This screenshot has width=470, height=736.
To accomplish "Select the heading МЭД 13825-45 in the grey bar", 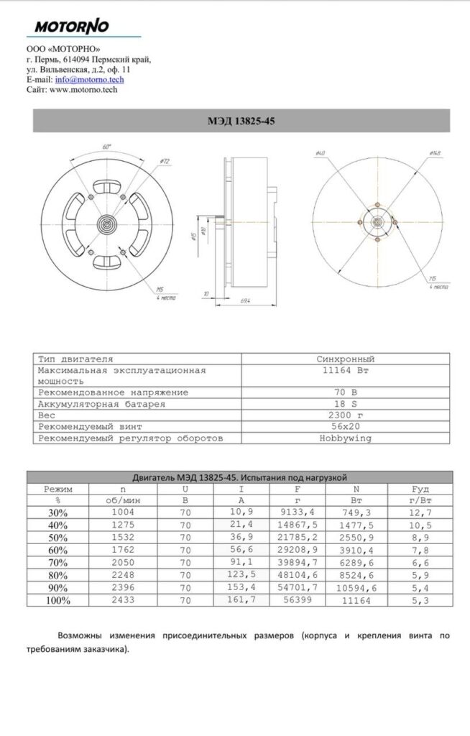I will coord(241,121).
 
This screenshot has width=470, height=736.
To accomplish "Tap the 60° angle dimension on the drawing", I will coord(107,146).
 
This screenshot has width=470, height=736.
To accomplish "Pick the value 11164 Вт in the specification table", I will coord(345,371).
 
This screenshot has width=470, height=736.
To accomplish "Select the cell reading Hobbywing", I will coord(345,438).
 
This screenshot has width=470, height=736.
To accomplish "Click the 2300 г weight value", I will coord(345,415).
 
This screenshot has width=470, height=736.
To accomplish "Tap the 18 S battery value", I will coord(345,404).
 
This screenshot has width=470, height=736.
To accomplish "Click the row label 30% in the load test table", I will coord(57,512).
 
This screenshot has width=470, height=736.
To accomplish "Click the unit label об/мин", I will coord(123,500).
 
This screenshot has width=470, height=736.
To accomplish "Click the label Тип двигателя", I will coord(75,358).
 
